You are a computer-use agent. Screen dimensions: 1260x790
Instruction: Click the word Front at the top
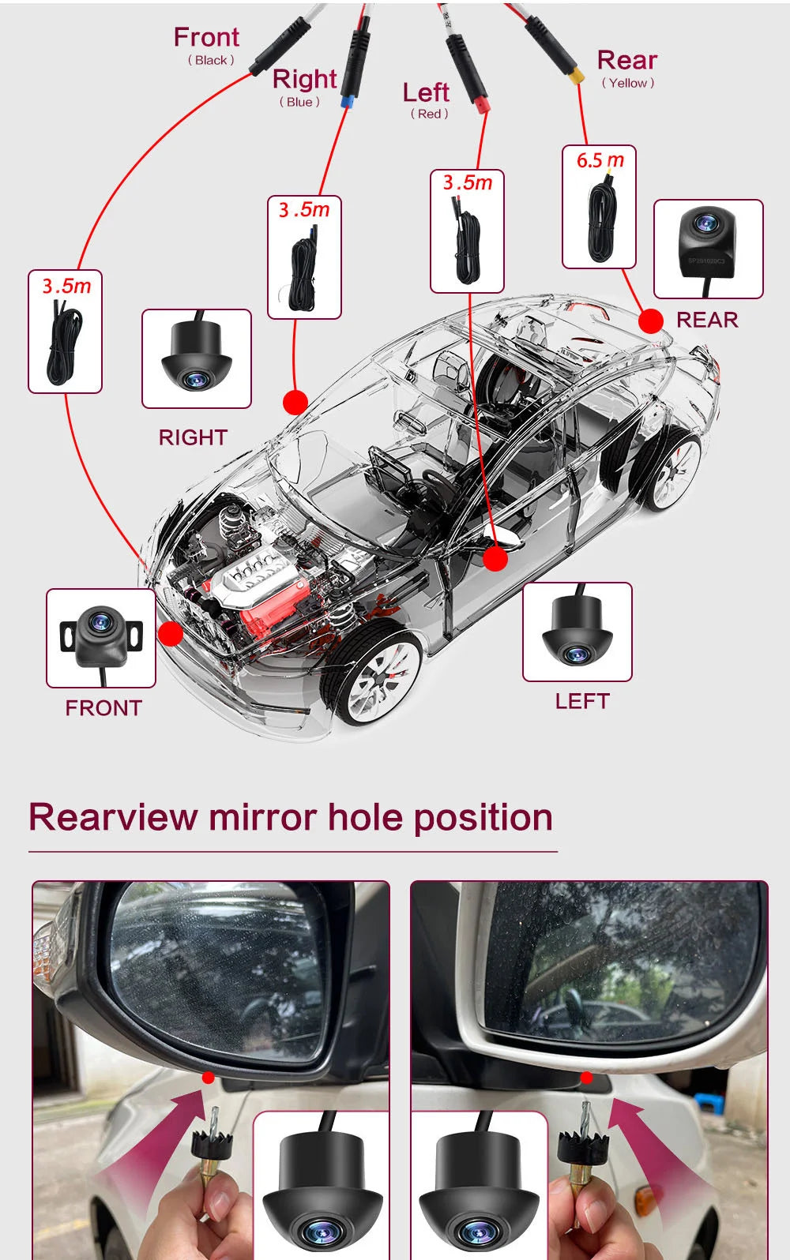206,37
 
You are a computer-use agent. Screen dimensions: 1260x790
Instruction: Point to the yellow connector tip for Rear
578,77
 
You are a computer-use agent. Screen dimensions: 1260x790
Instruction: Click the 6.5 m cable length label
600,160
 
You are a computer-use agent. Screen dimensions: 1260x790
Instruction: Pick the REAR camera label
707,320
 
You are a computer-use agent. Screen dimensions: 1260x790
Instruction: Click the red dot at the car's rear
651,321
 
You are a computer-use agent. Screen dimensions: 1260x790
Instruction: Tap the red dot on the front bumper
171,633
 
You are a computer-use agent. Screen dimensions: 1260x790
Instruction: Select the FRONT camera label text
103,708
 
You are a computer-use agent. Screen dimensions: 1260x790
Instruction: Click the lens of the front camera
100,623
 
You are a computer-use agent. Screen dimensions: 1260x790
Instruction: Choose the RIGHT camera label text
193,437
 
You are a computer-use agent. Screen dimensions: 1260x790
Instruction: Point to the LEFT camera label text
582,701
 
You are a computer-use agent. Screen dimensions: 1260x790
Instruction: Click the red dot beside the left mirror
495,559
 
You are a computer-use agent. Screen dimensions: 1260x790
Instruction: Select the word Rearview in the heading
113,817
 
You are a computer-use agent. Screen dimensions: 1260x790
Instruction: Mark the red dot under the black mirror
208,1078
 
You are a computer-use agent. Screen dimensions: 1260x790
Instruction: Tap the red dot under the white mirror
586,1078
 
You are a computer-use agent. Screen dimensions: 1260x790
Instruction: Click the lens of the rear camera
705,224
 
